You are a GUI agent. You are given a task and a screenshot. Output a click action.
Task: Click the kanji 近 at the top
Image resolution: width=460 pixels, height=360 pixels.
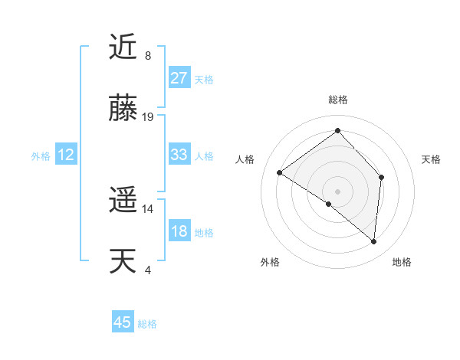pos(123,48)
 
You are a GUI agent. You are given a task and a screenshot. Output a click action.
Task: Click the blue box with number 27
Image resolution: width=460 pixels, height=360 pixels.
pos(179,78)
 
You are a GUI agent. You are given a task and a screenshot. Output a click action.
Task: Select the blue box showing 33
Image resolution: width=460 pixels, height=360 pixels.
pos(179,155)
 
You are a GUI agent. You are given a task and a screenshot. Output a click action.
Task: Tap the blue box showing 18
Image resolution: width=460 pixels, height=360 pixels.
pos(179,232)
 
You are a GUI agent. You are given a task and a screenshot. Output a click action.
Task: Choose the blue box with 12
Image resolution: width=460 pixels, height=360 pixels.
pos(66,155)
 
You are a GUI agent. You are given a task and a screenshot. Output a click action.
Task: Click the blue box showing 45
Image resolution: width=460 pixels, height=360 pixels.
pos(123,322)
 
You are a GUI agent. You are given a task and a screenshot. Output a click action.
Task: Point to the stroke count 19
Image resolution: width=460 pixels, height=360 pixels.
pos(149,117)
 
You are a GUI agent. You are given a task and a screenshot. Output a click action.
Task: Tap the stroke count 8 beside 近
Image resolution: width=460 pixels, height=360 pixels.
pos(148,56)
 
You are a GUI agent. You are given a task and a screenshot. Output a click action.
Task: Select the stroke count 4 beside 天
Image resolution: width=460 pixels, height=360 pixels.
pos(148,270)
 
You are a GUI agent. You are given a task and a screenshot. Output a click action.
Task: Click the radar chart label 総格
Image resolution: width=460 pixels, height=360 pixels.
pos(337,100)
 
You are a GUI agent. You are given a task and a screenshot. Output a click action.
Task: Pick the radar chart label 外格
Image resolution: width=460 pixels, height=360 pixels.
pos(270,262)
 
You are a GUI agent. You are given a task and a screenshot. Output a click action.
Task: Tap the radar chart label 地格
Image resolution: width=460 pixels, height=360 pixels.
pos(402,262)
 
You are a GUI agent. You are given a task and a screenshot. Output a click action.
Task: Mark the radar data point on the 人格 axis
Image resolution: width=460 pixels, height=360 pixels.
pos(280,172)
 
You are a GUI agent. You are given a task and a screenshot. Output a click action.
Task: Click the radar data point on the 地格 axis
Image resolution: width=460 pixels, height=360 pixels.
pos(373,241)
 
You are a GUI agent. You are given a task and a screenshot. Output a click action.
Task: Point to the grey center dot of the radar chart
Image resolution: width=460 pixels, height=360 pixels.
pos(337,191)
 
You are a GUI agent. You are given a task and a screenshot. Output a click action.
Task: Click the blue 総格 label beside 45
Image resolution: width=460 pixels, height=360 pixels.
pos(147,324)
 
